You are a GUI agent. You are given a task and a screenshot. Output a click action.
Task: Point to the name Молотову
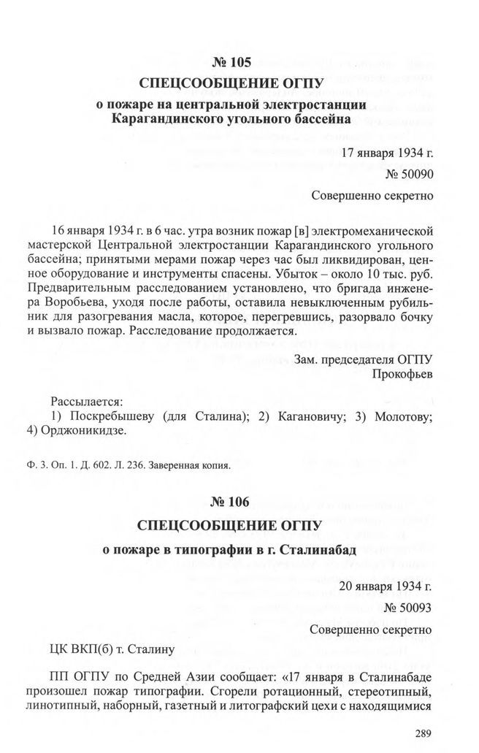[404, 416]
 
